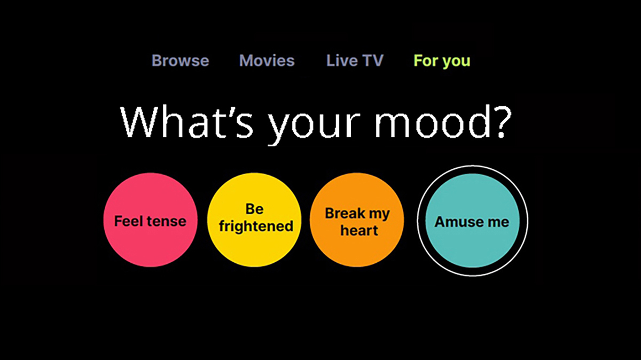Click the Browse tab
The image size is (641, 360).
[181, 61]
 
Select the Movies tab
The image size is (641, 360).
[267, 61]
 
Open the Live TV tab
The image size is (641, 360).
[355, 61]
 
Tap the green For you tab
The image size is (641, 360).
[442, 61]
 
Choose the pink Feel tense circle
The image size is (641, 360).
[151, 220]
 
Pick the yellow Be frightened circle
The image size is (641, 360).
[254, 220]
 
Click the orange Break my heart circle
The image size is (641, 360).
[357, 220]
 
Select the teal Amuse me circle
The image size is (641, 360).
[472, 221]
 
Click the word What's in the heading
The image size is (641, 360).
[186, 122]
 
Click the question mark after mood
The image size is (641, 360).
[502, 122]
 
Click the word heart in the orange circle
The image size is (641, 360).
[359, 230]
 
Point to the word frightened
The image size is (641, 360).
[256, 226]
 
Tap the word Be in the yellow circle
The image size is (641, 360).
[254, 209]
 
